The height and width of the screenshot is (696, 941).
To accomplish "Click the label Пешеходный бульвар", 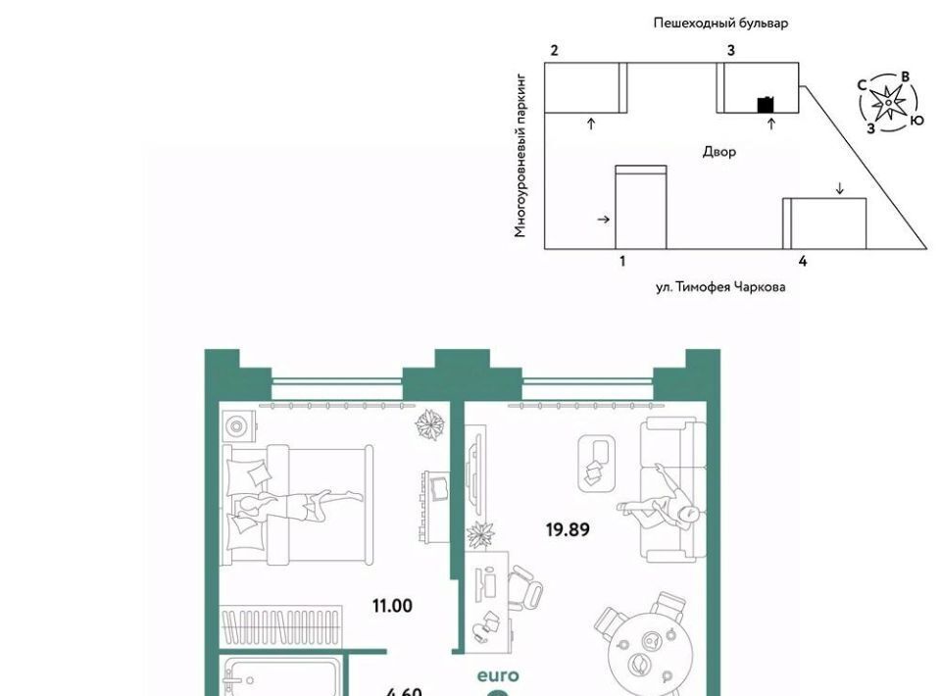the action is point(720,24).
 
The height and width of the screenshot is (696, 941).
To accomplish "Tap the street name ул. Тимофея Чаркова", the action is point(720,287).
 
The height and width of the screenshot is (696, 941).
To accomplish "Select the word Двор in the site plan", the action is point(718,152).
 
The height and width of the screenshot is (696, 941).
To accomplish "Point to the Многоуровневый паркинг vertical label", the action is point(520,156).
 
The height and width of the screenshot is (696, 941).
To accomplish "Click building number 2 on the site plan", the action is point(554,50).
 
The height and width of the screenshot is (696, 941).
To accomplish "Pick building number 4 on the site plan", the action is point(803,261).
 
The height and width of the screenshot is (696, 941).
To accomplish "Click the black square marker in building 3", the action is point(766,105).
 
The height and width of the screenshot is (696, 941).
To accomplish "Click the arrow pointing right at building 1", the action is point(604,220).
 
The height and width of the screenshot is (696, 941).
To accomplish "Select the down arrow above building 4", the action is point(840,188).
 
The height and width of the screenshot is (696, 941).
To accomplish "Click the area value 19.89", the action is point(568,529).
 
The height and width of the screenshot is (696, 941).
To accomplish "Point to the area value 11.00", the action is point(392,606).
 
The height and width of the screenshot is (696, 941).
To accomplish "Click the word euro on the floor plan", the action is point(498,676).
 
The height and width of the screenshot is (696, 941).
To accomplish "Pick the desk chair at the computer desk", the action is point(524,588).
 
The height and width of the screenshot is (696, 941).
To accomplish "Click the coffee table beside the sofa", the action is point(597,464).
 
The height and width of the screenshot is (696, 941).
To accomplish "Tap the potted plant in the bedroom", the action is point(430,424).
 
